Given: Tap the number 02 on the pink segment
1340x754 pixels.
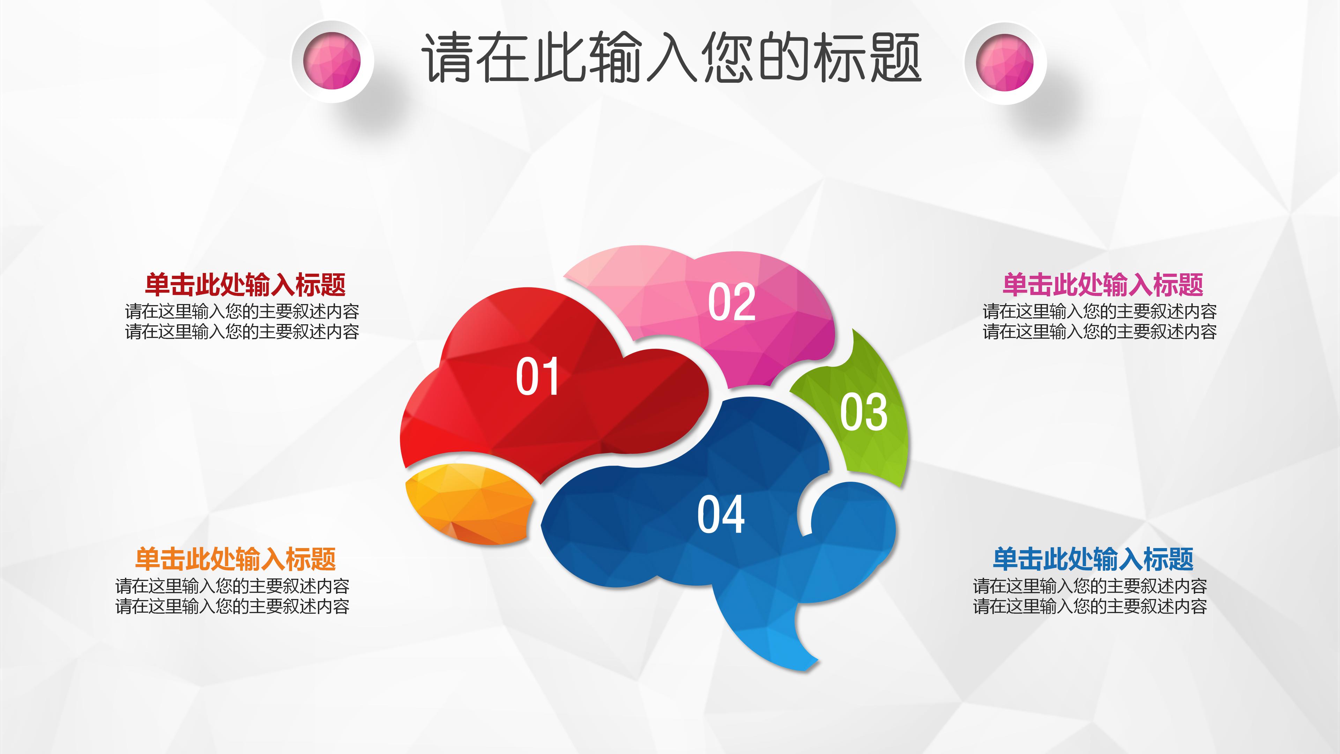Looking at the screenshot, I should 731,302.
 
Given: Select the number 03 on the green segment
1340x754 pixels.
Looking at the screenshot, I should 864,412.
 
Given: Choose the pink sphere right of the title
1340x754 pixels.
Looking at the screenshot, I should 1005,62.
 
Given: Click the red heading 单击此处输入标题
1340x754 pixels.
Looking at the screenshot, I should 245,284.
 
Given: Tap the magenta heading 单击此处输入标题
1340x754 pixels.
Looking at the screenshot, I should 1103,284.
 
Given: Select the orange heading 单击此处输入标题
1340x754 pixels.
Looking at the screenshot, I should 235,559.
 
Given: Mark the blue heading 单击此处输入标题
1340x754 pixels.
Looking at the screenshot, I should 1093,559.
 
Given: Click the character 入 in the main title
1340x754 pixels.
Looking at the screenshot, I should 671,57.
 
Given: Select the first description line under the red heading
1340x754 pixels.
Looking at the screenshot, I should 242,312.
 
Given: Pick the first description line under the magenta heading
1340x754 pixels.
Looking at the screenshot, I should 1100,312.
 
